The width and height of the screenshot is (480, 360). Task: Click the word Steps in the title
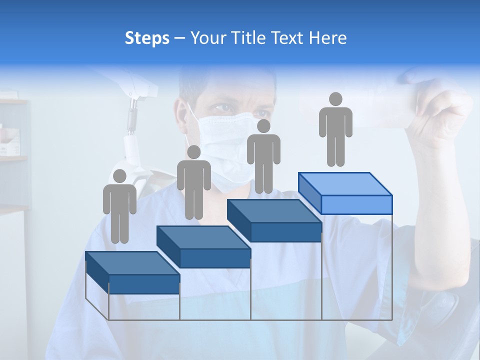point(147,38)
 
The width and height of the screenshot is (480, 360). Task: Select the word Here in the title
point(327,38)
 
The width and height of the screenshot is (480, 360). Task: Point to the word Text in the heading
point(287,38)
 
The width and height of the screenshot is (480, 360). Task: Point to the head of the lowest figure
point(119,176)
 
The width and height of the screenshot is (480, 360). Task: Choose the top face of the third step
point(274,211)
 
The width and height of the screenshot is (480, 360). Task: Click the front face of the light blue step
point(356,204)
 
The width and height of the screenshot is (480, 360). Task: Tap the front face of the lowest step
point(144,284)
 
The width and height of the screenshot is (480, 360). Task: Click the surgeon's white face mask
point(227,145)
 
